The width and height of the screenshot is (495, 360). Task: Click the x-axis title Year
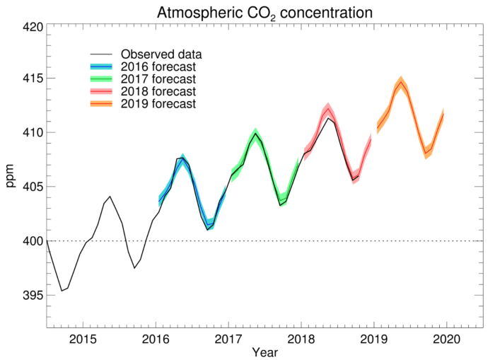tap(265, 352)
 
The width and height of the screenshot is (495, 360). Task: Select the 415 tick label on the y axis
tap(32, 79)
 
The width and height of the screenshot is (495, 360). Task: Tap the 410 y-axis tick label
tap(32, 133)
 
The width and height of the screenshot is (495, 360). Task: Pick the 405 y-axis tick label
tap(32, 187)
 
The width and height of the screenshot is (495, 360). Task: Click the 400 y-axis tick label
tap(32, 241)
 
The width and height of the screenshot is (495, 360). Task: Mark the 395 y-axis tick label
tap(32, 295)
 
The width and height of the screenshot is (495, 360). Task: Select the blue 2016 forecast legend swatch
tap(103, 67)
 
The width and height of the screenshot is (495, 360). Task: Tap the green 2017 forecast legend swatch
tap(103, 79)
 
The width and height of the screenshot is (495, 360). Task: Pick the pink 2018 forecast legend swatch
tap(103, 92)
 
